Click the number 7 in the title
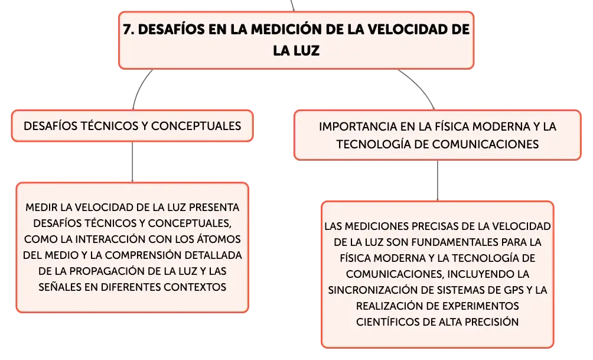tap(128, 30)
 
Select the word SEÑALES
tap(60, 287)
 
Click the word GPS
tap(514, 290)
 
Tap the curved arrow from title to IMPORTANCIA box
tap(421, 86)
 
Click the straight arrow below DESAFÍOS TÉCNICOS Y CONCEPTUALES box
tap(132, 162)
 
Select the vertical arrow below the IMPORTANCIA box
tap(438, 180)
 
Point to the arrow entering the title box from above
tap(292, 6)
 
